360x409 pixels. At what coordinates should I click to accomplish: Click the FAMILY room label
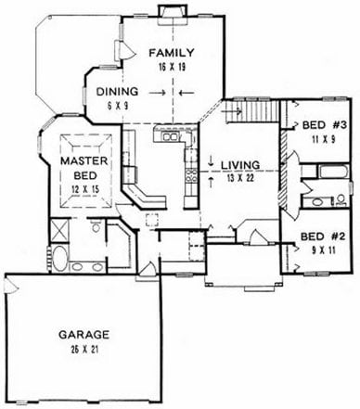point(172,53)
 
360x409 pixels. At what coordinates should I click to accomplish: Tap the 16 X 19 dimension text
point(172,67)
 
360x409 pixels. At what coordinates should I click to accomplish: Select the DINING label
point(117,92)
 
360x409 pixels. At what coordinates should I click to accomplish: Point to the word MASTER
point(84,160)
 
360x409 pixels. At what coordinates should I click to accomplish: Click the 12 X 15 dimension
point(85,189)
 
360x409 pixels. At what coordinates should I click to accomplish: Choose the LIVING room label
point(240,165)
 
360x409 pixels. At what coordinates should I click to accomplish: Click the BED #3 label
point(325,125)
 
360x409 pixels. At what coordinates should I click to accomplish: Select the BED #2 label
point(323,236)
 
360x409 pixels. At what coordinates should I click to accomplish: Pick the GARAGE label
point(84,335)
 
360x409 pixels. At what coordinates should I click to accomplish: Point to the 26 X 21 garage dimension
point(84,350)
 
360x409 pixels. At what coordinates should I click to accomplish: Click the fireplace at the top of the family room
point(174,15)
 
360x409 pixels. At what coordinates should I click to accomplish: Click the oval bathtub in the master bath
point(59,259)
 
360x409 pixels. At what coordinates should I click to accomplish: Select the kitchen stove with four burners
point(191,175)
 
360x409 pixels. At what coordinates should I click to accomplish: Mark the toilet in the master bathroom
point(96,226)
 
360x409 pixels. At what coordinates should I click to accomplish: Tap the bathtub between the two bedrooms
point(334,172)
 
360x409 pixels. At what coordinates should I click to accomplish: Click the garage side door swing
point(10,286)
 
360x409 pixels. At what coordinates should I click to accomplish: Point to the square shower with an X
point(58,229)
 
